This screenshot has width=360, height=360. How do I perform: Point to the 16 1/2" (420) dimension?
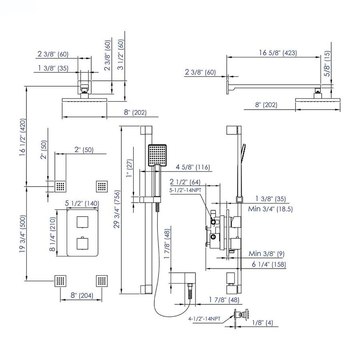pos(23,137)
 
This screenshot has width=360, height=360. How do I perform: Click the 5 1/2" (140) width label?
pos(82,204)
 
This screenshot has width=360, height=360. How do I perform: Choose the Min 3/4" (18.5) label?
pos(271,209)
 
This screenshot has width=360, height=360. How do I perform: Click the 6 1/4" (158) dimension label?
pos(269,264)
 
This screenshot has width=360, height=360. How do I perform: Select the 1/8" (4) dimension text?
pos(264,322)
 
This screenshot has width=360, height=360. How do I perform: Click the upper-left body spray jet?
pos(61,186)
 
